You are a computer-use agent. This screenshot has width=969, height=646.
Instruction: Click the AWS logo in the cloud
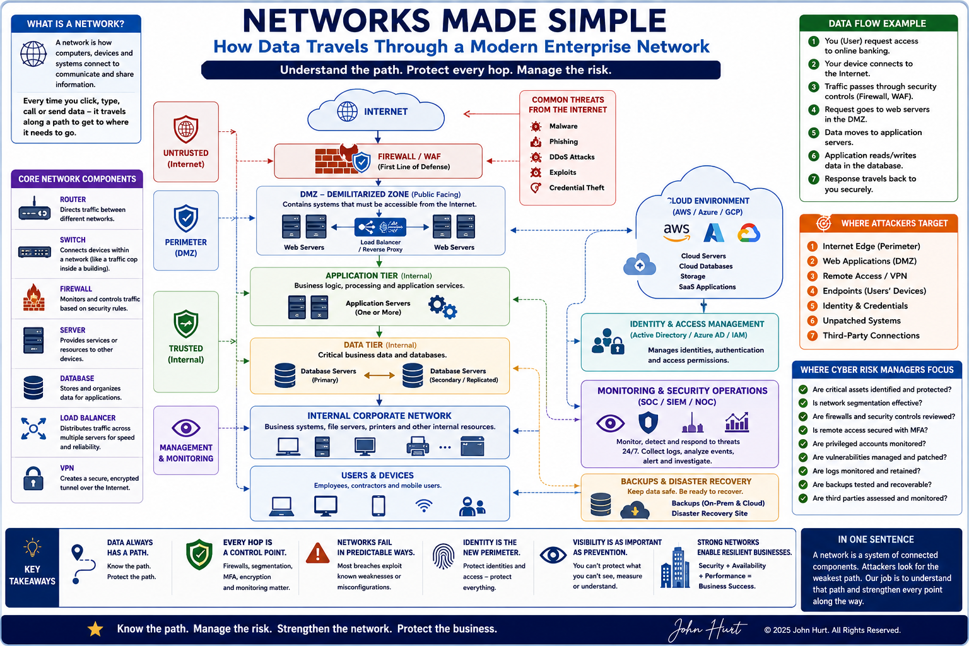(x=676, y=232)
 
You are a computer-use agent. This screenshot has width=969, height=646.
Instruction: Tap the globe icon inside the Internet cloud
(x=347, y=111)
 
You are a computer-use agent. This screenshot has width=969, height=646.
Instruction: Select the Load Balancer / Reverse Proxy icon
(x=380, y=226)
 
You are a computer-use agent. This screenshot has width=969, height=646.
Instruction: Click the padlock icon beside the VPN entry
(x=33, y=478)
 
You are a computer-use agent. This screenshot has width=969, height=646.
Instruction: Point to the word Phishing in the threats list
(x=563, y=141)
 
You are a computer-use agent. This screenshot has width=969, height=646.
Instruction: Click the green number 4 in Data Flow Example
(x=813, y=110)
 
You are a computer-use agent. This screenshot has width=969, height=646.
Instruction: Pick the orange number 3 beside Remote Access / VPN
(x=812, y=276)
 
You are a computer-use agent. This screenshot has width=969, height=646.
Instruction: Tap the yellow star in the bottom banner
(x=95, y=629)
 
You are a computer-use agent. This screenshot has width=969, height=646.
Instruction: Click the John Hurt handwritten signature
(x=707, y=629)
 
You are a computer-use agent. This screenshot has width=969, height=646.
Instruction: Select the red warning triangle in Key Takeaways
(x=317, y=553)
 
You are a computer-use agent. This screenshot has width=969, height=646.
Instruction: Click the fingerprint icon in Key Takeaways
(x=443, y=556)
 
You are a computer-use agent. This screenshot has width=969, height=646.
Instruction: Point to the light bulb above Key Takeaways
(x=32, y=548)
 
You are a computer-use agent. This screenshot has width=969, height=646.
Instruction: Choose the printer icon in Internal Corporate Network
(x=418, y=446)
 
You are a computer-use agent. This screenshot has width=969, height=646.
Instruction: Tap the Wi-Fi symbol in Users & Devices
(x=424, y=506)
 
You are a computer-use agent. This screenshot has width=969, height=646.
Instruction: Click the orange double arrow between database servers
(x=379, y=375)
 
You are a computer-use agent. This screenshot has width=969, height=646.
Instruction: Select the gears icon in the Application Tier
(x=442, y=307)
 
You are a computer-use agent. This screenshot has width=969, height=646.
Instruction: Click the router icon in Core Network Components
(x=34, y=209)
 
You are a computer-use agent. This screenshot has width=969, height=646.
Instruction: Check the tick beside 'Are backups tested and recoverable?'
(x=803, y=484)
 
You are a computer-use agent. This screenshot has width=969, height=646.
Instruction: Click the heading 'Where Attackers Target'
(x=894, y=223)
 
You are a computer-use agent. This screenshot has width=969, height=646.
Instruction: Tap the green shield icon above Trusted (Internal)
(x=186, y=324)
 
